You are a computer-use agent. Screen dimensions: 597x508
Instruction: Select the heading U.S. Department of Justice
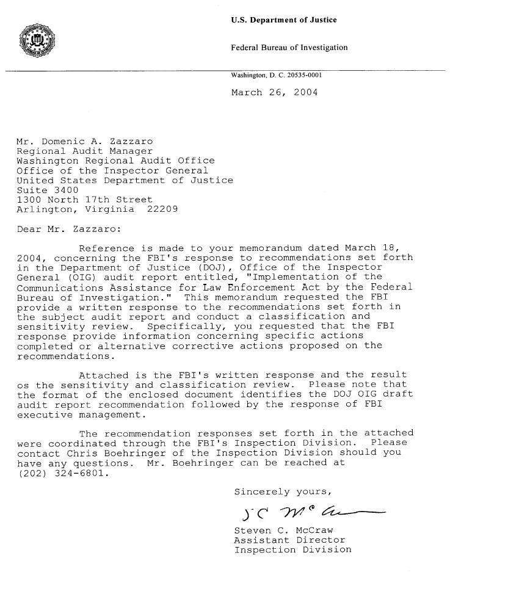point(284,20)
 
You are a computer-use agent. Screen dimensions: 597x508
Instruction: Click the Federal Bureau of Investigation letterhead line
point(289,48)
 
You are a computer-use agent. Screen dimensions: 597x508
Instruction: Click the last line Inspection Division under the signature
point(292,549)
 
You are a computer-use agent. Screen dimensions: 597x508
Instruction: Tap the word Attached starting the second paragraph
point(104,375)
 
